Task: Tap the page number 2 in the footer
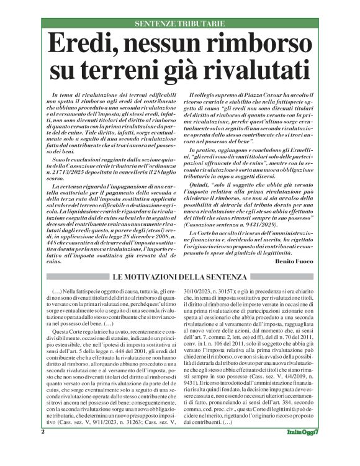[43, 448]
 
